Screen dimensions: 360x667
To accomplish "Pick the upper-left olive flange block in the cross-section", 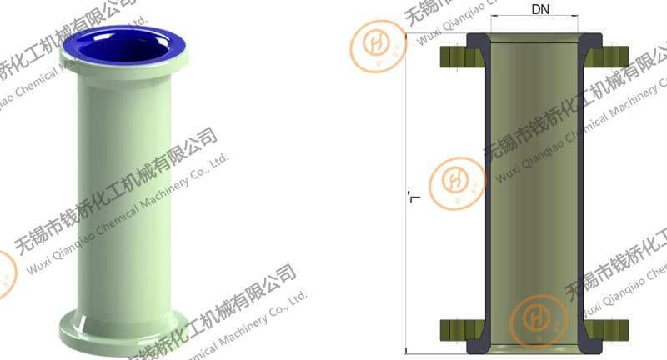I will coord(455,57).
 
